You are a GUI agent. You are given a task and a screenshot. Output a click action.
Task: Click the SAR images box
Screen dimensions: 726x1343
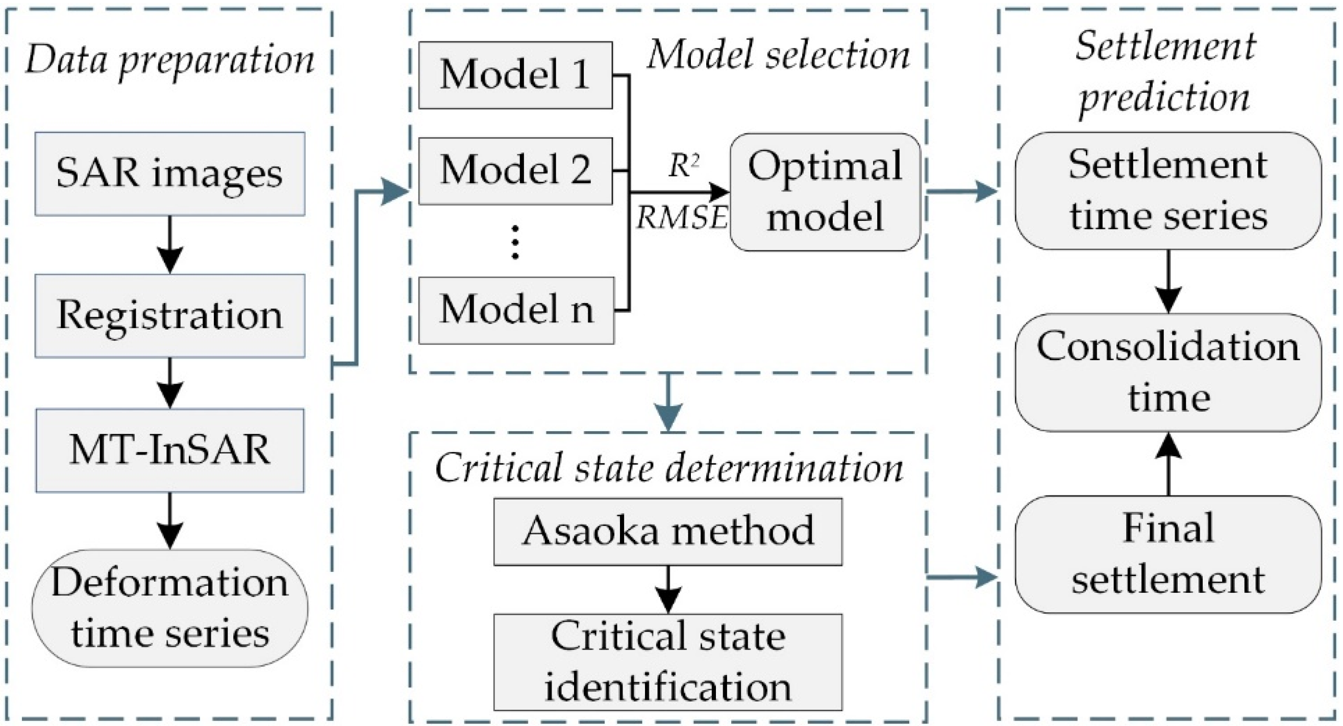pyautogui.click(x=170, y=173)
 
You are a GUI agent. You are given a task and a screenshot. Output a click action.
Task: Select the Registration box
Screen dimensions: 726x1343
pyautogui.click(x=170, y=315)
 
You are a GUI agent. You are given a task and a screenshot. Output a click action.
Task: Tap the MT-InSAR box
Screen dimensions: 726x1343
pyautogui.click(x=170, y=450)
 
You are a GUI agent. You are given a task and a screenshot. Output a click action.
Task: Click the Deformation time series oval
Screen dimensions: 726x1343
pyautogui.click(x=170, y=608)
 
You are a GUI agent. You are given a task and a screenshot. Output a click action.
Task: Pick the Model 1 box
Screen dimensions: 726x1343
pyautogui.click(x=515, y=75)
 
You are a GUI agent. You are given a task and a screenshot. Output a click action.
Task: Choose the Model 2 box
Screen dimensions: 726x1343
pyautogui.click(x=515, y=170)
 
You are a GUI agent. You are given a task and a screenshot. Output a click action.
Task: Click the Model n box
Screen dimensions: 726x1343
pyautogui.click(x=516, y=310)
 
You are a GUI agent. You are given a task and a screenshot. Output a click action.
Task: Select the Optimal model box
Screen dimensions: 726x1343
pyautogui.click(x=825, y=192)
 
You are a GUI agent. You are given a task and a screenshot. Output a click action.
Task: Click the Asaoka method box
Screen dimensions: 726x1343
pyautogui.click(x=668, y=532)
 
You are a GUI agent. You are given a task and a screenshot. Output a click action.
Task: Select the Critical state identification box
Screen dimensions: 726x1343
pyautogui.click(x=668, y=662)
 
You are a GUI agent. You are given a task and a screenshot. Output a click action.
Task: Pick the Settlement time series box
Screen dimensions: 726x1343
pyautogui.click(x=1168, y=191)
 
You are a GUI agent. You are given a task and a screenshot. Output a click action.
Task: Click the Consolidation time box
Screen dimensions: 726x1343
pyautogui.click(x=1168, y=372)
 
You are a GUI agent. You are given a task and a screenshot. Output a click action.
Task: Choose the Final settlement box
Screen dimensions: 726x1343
pyautogui.click(x=1168, y=554)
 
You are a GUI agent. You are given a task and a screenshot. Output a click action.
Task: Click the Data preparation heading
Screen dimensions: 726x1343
pyautogui.click(x=170, y=60)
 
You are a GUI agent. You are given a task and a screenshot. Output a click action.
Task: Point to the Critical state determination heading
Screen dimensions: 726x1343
pyautogui.click(x=669, y=467)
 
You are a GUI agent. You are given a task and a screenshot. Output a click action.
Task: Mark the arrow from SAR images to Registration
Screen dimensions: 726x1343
pyautogui.click(x=170, y=244)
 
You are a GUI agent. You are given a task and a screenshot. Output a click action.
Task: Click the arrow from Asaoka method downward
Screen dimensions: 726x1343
pyautogui.click(x=668, y=589)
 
